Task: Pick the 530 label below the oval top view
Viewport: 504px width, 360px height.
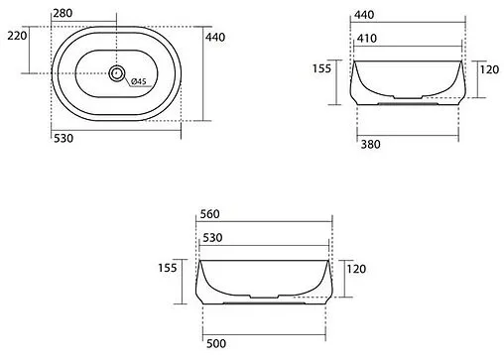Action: (x=65, y=138)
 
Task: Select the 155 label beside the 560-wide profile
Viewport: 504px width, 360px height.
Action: (x=168, y=268)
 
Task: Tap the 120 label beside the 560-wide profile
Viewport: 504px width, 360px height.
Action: (x=357, y=268)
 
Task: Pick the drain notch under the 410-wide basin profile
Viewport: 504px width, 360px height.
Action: (x=407, y=100)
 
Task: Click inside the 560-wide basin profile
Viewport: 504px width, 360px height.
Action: (x=264, y=277)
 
